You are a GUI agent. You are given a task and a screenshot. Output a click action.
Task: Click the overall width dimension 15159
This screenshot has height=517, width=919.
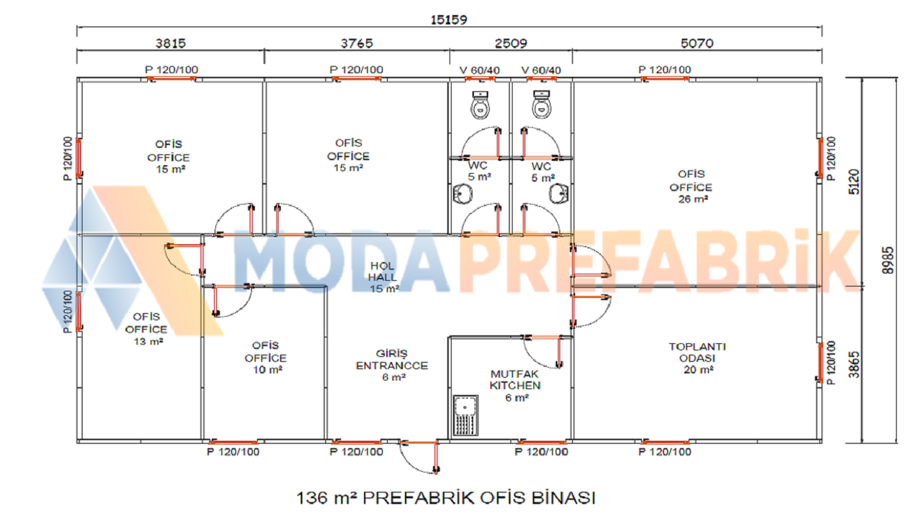click(449, 19)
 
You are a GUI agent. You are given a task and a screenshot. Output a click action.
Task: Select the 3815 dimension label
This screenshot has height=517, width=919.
click(171, 43)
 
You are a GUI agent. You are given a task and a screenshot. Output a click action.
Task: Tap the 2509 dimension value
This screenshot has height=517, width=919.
click(510, 43)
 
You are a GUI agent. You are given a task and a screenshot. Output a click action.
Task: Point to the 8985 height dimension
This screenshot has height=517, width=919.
click(887, 260)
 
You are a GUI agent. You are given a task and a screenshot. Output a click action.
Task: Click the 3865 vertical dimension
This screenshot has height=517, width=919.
click(854, 365)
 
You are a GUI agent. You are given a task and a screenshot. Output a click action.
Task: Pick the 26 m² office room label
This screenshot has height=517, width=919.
click(691, 187)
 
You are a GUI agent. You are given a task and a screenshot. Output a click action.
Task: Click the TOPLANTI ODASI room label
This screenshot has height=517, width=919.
click(697, 358)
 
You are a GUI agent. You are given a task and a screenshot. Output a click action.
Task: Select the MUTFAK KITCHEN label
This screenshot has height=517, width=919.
click(516, 386)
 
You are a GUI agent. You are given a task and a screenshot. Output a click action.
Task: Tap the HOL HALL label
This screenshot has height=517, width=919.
click(383, 277)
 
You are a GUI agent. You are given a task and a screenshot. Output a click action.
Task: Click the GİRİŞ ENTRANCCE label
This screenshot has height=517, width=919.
click(392, 365)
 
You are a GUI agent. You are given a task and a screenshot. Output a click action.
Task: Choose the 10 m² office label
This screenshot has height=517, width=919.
click(266, 358)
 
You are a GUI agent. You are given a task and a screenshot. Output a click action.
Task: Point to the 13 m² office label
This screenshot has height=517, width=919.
click(146, 329)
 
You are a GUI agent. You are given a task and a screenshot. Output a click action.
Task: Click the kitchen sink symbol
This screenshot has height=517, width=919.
click(466, 415)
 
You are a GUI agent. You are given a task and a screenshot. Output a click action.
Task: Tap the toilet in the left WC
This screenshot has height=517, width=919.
click(480, 105)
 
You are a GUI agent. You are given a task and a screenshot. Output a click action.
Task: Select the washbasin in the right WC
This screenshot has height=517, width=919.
click(559, 194)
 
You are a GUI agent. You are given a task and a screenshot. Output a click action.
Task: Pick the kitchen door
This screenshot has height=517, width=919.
click(542, 352)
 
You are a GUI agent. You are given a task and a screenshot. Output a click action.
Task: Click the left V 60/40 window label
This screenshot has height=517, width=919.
click(480, 70)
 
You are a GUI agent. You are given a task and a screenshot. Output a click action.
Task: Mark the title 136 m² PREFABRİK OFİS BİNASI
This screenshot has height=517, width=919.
click(446, 498)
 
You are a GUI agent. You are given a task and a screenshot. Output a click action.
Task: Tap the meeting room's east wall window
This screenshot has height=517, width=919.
click(821, 363)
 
